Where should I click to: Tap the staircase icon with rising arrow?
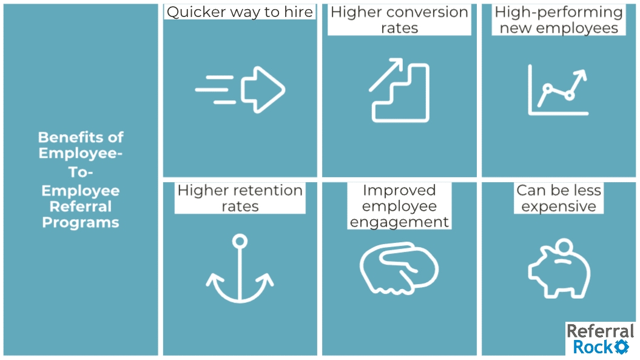coord(399,90)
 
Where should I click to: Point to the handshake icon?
coord(399,269)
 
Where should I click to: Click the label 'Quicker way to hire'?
coord(240,12)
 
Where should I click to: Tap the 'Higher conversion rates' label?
coord(399,20)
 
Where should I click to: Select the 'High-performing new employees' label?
coord(558,20)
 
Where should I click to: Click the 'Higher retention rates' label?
coord(240,198)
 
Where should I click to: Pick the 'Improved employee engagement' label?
coord(399,206)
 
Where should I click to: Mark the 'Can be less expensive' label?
coord(559,198)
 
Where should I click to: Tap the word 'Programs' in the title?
coord(81,222)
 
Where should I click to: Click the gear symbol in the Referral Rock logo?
coord(621,347)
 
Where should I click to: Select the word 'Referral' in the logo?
coord(600,331)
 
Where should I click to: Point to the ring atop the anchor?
coord(240,242)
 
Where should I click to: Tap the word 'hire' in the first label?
coord(299,12)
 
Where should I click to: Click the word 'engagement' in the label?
coord(399,222)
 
